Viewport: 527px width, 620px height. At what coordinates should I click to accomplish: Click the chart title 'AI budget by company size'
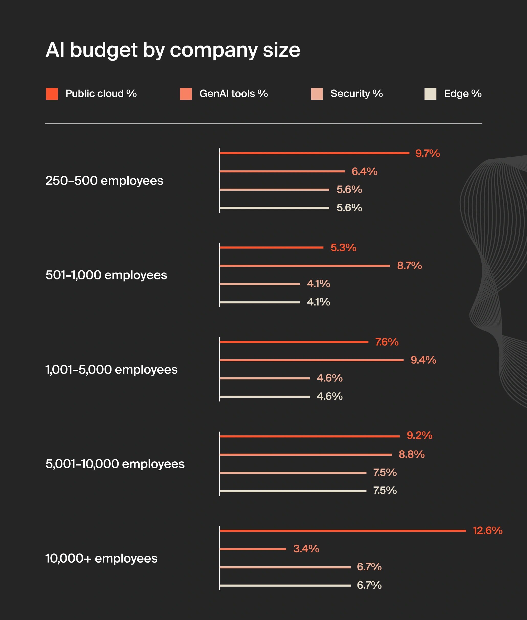click(x=173, y=50)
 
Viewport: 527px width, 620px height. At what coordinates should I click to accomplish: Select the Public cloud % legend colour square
click(x=52, y=94)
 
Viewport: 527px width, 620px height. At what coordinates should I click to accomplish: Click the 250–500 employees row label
click(x=104, y=181)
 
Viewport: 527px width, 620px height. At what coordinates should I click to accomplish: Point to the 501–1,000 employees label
click(x=106, y=275)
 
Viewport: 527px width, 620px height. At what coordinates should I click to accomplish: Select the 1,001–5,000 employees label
click(x=111, y=369)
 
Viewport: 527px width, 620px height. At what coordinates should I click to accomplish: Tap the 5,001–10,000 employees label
click(x=115, y=464)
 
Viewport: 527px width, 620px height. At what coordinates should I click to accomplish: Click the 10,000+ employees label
click(x=101, y=558)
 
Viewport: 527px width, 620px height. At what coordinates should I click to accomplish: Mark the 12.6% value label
click(x=487, y=531)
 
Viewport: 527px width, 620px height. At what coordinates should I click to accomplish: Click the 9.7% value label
click(x=427, y=153)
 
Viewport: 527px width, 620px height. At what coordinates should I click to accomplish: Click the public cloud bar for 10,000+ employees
click(x=343, y=531)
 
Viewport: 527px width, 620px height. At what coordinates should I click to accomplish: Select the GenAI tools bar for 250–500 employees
click(x=282, y=171)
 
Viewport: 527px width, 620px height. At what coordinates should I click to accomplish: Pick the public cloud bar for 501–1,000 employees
click(x=271, y=247)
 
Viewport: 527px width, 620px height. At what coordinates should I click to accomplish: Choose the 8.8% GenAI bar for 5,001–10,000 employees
click(x=305, y=455)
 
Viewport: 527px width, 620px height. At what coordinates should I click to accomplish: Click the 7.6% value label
click(x=387, y=342)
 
